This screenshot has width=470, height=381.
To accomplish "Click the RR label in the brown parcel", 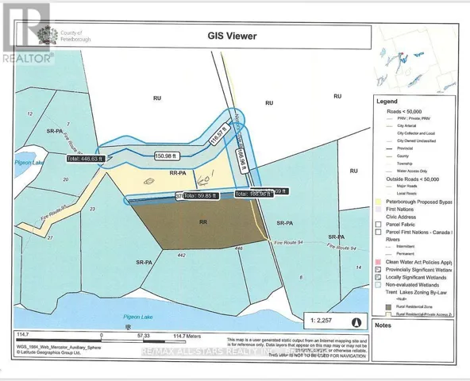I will (204, 223).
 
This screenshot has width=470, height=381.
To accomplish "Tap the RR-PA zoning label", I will (179, 171).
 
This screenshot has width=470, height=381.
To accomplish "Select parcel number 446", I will (240, 249).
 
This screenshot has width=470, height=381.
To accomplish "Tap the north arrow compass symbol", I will (356, 323).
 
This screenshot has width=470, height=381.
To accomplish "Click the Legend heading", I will (387, 102).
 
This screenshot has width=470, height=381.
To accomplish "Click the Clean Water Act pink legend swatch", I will (379, 260).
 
